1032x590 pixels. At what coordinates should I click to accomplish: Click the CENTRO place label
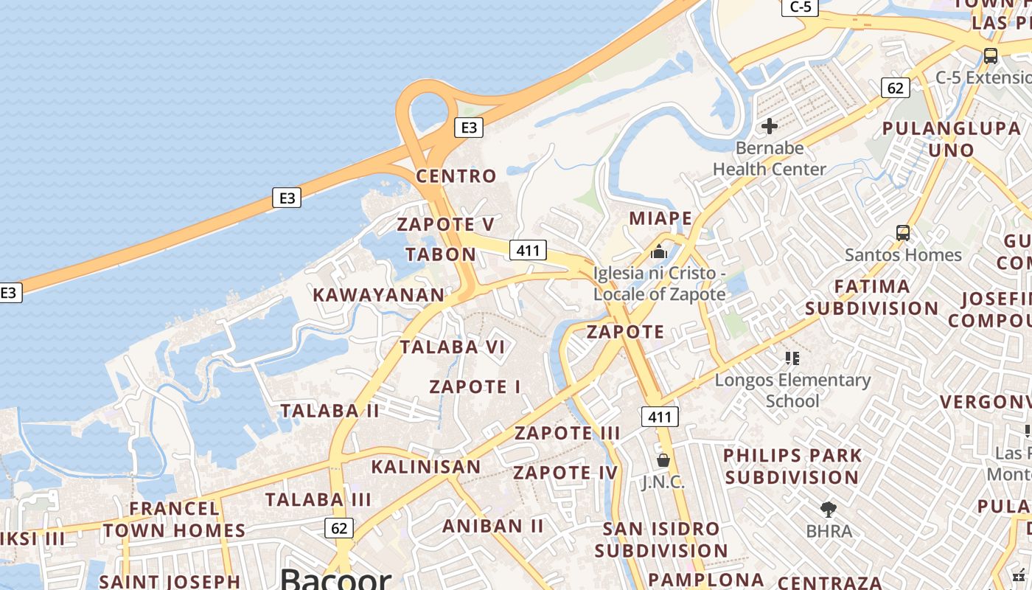coord(456,176)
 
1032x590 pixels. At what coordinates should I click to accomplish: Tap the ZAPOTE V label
coord(446,224)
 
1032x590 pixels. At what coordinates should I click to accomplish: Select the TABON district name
coord(441,254)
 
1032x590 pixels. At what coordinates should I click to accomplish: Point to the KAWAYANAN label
coord(379,295)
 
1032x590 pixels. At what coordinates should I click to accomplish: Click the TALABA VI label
coord(453,347)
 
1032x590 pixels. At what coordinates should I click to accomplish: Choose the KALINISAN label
coord(426,467)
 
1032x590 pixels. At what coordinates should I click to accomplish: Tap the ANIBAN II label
coord(493,526)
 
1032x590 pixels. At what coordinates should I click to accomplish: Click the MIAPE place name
coord(660,218)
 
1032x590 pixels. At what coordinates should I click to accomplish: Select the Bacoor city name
coord(335,579)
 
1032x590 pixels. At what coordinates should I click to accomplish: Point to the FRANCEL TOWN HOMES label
coord(175,519)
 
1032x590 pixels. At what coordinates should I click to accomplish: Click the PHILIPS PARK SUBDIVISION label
coord(792,466)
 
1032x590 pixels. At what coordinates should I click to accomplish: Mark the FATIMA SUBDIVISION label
coord(872,297)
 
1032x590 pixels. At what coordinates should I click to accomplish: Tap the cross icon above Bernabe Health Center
coord(770,126)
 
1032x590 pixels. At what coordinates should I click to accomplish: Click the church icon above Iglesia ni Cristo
coord(659,251)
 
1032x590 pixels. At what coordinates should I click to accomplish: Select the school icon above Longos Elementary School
coord(792,358)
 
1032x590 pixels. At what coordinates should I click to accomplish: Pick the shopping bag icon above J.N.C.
coord(663,460)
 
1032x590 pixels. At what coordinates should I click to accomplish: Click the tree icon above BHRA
coord(829,509)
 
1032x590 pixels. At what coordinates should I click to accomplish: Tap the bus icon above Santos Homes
coord(903,233)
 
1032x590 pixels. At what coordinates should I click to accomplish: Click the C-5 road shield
coord(801,7)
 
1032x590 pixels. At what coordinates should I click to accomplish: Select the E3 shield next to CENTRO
coord(469,128)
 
